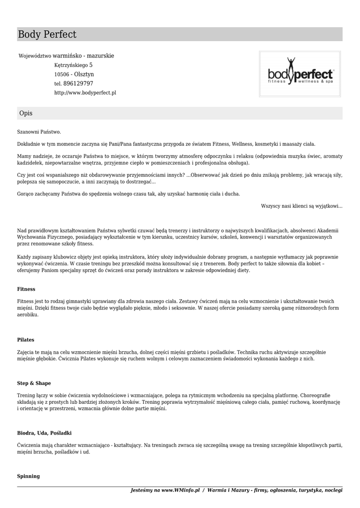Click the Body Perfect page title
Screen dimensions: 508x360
47,35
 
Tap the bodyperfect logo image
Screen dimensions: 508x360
300,75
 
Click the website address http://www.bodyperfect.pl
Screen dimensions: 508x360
85,93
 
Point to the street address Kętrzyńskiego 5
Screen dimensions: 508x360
73,65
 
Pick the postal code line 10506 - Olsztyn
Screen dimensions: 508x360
74,74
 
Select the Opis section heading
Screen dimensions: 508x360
26,114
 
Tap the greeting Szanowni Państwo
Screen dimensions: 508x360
39,132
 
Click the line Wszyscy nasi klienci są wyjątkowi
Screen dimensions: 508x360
301,206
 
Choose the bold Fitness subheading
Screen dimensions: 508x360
26,289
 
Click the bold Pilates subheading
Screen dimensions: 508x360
26,340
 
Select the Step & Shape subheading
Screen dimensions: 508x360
34,383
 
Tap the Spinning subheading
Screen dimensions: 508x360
28,476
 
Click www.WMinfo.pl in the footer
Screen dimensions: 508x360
180,490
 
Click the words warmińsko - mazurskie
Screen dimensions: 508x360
83,56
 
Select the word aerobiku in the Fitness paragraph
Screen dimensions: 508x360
28,315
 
